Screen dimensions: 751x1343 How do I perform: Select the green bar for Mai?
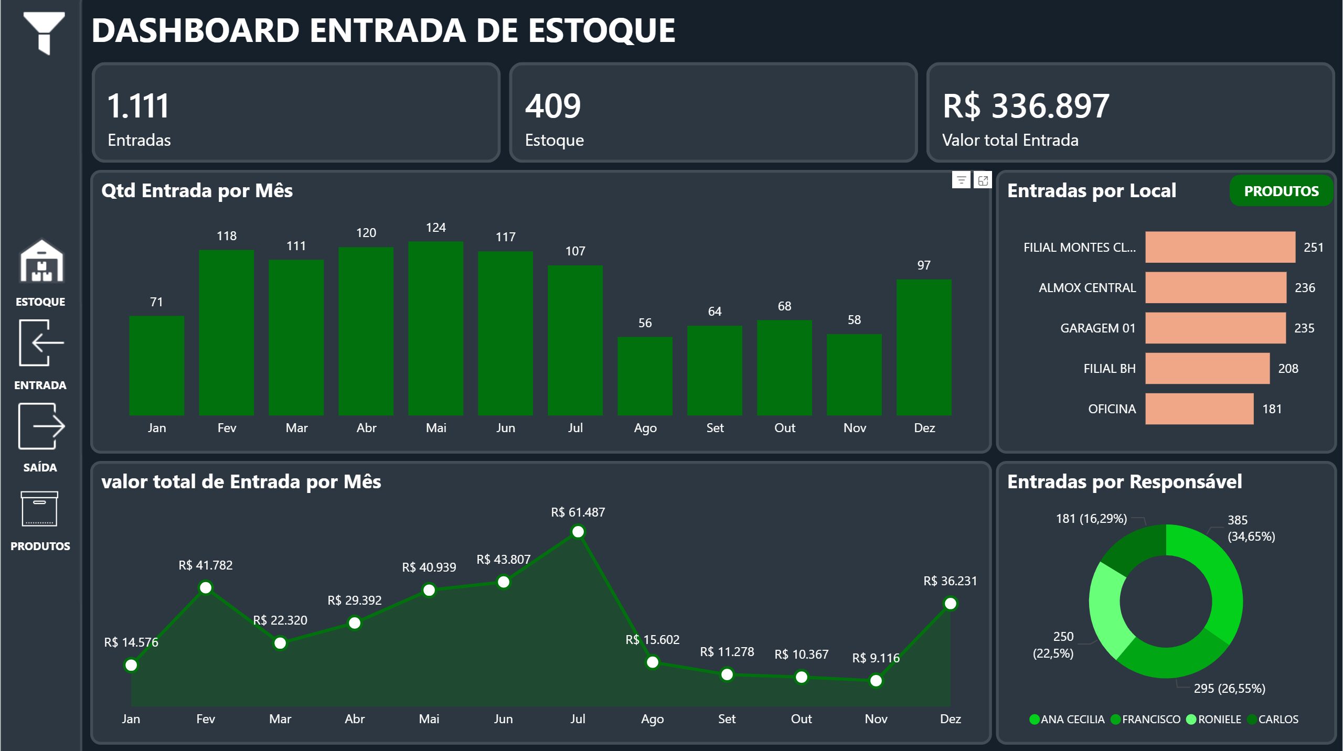coord(435,328)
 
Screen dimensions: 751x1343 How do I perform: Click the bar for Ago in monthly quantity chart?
coord(645,375)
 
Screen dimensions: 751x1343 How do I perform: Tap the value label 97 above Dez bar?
coord(924,265)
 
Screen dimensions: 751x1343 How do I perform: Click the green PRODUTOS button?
coord(1281,191)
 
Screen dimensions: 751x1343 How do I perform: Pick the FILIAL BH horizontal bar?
coord(1207,368)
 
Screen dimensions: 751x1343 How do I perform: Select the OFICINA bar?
coord(1199,409)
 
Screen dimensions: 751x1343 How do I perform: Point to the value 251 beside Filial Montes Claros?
coord(1313,247)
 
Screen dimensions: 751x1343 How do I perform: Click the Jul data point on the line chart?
coord(578,532)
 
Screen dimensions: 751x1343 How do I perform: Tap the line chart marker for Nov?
coord(876,681)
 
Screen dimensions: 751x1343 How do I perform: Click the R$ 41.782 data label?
coord(205,565)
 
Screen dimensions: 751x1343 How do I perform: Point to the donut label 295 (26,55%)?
coord(1229,688)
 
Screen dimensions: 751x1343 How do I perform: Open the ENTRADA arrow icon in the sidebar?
coord(41,343)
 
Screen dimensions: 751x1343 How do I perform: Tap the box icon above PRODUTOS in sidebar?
coord(39,509)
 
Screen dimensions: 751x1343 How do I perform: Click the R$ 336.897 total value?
coord(1026,106)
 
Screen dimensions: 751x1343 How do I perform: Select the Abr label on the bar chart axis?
coord(366,428)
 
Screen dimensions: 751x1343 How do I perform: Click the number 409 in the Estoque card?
coord(553,106)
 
